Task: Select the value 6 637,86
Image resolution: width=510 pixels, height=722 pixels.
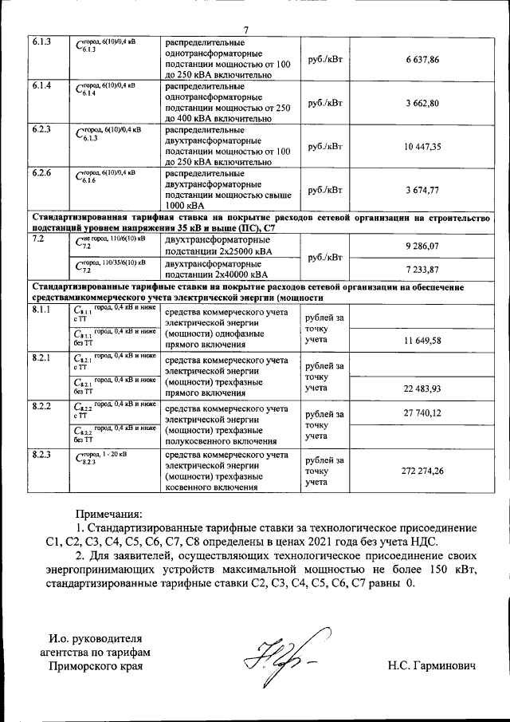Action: (x=422, y=61)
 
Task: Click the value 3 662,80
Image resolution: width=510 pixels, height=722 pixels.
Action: (x=422, y=104)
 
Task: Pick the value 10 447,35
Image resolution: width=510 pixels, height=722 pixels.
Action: (x=422, y=147)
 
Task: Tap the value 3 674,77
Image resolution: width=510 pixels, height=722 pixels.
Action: (x=422, y=190)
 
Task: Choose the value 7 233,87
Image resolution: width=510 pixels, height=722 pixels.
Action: (x=422, y=270)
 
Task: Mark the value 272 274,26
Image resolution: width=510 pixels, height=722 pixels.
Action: (x=422, y=471)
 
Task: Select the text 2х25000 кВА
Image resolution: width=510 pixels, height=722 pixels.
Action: (x=237, y=252)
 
